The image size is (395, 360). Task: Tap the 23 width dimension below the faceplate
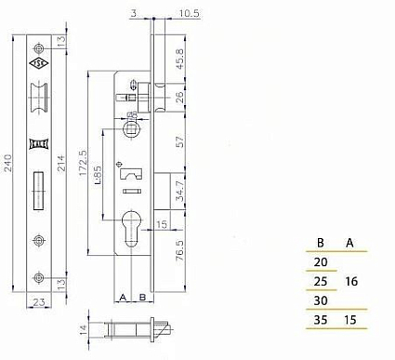[x=39, y=301]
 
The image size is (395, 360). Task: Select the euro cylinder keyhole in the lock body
[x=130, y=233]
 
